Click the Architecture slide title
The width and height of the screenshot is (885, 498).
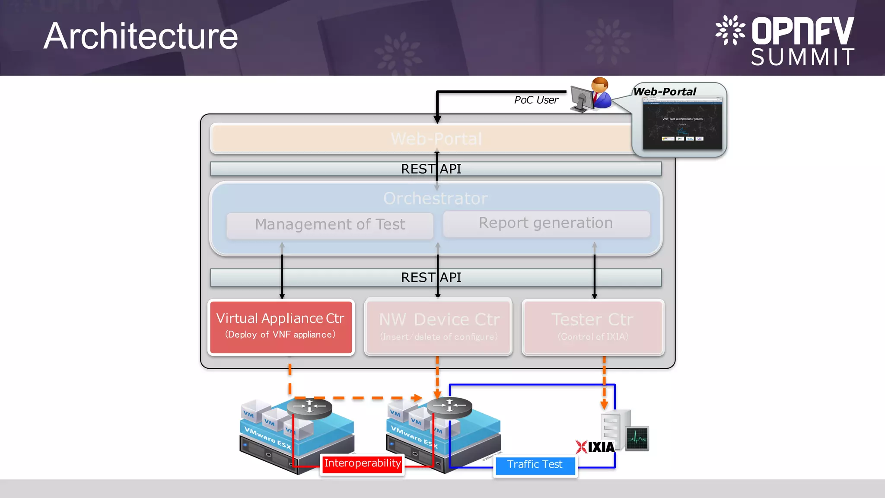tap(140, 36)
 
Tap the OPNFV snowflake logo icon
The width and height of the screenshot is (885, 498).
tap(730, 30)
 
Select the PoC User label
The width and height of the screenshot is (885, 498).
tap(536, 100)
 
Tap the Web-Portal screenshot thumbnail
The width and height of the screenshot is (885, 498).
tap(682, 124)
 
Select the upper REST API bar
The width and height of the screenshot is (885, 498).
tap(436, 169)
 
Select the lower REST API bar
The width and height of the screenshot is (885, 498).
tap(436, 278)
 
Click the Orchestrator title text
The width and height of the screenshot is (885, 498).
tap(436, 198)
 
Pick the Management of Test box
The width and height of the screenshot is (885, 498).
tap(330, 225)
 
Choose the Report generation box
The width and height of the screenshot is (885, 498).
tap(546, 223)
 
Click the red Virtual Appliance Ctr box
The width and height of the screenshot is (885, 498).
tap(281, 327)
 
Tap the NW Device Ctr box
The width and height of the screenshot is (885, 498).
tap(439, 327)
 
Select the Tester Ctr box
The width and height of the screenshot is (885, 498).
tap(592, 327)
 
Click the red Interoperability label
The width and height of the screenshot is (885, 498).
tap(362, 464)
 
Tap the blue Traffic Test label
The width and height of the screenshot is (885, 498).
tap(535, 465)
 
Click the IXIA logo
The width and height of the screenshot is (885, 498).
tap(595, 447)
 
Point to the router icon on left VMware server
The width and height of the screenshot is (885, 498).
tap(309, 407)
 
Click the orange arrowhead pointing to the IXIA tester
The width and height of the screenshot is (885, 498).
tap(604, 405)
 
